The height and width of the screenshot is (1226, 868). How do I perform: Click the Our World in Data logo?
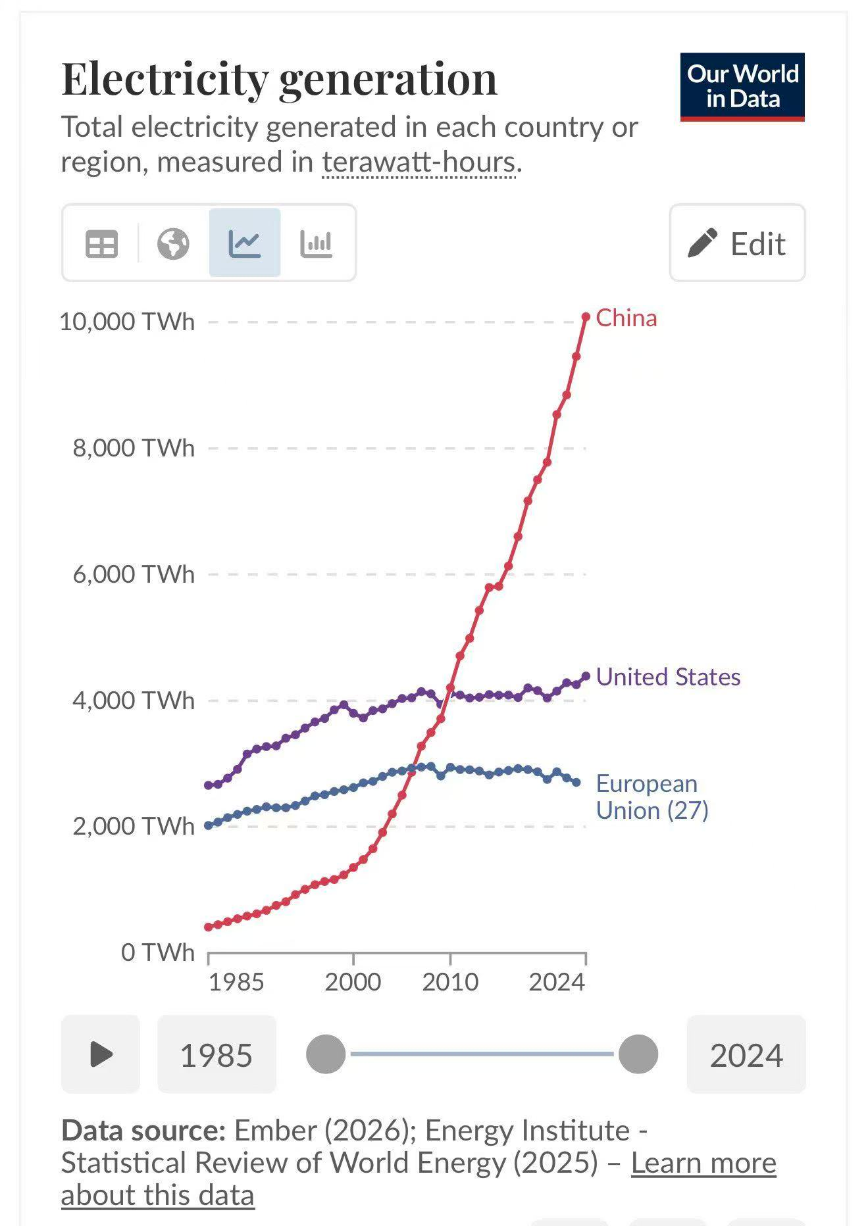pos(742,87)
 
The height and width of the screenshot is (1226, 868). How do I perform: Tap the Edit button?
pos(737,243)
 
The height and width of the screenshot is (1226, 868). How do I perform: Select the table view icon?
pos(101,243)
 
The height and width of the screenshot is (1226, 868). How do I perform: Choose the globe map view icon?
pos(173,243)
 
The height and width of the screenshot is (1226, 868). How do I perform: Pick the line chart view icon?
pos(245,243)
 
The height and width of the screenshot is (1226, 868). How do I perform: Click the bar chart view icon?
pos(316,243)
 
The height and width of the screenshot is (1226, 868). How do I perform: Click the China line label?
pos(626,318)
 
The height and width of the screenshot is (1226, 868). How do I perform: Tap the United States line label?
pos(668,677)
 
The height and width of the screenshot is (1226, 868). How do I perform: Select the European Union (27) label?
pos(651,797)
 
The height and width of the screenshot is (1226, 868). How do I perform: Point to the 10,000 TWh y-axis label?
pos(127,322)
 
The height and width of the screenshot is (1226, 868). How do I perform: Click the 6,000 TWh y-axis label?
pos(134,574)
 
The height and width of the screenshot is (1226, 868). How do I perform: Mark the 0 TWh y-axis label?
pos(158,952)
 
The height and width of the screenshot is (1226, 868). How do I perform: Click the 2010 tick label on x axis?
pos(450,982)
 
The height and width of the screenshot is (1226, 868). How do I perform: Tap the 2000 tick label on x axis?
pos(353,982)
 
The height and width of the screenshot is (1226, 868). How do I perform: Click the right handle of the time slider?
pos(638,1054)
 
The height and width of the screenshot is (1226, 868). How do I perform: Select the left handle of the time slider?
pos(326,1054)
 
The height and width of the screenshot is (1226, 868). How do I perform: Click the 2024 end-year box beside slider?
pos(746,1055)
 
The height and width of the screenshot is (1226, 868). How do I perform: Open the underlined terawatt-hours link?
pos(419,162)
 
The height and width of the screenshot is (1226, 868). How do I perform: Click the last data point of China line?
pos(586,317)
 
